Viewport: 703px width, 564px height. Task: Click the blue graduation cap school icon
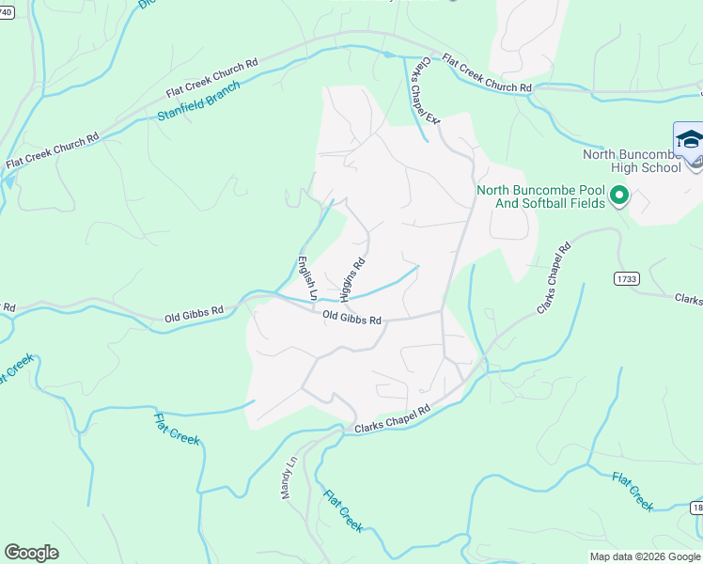(689, 140)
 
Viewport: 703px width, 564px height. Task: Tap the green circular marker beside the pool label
(618, 196)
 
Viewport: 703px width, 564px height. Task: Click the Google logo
(31, 553)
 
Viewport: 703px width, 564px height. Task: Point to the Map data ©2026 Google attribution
(645, 556)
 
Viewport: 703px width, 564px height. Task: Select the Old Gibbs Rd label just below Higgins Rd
(351, 319)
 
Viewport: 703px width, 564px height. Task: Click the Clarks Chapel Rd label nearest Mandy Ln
(392, 419)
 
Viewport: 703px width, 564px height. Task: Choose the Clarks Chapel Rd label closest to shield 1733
(554, 278)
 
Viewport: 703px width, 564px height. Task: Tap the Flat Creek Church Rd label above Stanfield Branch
(212, 79)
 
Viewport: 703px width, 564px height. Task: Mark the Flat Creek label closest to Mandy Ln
(343, 510)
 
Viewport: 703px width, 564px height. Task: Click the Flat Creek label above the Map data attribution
(633, 491)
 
